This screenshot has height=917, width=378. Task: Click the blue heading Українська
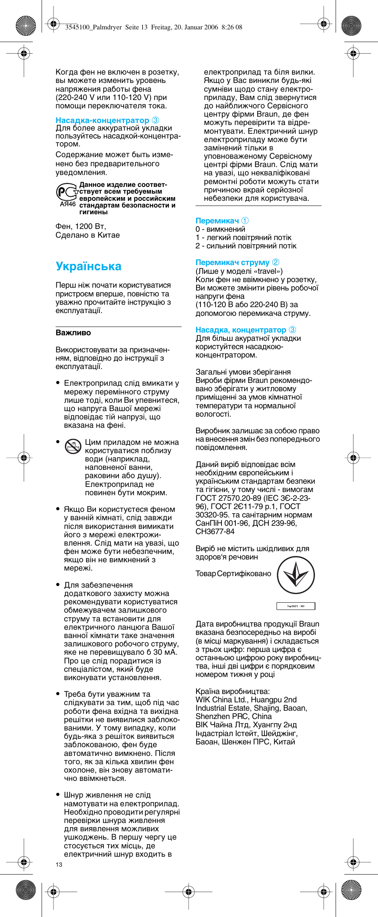pos(88,266)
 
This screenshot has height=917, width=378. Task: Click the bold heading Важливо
pos(73,333)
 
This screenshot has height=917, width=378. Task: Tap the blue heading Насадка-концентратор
pos(102,120)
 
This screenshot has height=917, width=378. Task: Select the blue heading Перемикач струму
pos(232,262)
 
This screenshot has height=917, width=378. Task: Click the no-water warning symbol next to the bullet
pos(73,447)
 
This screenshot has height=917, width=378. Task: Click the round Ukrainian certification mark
pos(296,575)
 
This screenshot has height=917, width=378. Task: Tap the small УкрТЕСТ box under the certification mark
pos(296,606)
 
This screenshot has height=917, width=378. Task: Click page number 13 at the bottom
pos(59,864)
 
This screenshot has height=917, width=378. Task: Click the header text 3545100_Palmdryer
pos(93,27)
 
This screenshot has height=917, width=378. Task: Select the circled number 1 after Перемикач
pos(245,221)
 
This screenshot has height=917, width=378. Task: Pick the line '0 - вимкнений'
pos(220,229)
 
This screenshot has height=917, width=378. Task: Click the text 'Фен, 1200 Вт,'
pos(81,226)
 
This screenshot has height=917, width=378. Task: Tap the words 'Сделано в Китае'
pos(88,235)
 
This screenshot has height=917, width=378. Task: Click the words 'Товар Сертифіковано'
pos(233,574)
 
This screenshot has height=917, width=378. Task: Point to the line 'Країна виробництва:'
pos(232,691)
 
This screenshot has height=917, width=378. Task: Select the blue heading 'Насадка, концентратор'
pos(241,330)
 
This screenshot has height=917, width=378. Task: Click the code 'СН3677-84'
pos(215,531)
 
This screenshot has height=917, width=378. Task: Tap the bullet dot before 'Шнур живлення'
pos(58,795)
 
